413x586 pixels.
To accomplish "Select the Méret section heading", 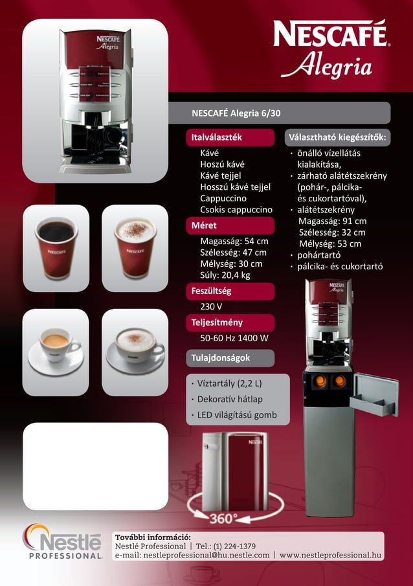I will coord(205,226).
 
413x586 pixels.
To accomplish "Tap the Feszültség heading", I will coord(212,291).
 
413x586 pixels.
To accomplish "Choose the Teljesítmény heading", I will coord(217,322).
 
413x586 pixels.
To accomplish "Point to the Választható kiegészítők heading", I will coord(337,138).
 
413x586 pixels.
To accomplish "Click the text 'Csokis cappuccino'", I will coord(236,210).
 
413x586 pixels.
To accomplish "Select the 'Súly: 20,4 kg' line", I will coord(225,275).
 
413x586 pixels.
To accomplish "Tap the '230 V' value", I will coord(211,306).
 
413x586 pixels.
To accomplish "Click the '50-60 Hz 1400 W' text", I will coord(234,338).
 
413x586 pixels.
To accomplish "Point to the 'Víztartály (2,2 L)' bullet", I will coord(229,381).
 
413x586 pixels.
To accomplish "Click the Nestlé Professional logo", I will coord(63,541).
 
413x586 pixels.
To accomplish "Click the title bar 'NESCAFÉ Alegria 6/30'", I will coord(237,113).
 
